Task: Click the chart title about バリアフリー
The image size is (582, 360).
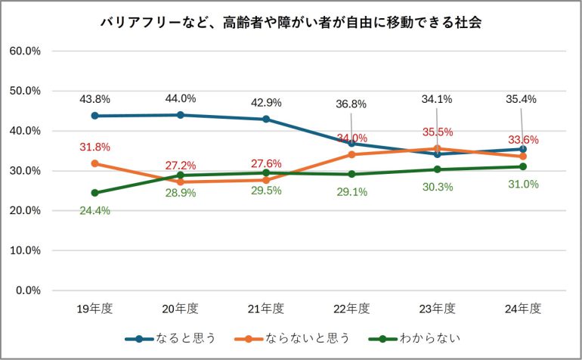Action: coord(291,23)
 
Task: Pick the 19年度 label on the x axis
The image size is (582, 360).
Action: coord(95,309)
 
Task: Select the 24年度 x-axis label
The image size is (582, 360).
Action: coord(523,309)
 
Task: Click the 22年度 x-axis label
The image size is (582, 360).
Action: coord(351,309)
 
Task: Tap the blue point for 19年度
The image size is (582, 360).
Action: coord(95,116)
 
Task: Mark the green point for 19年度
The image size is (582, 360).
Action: coord(95,193)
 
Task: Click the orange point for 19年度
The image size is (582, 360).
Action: coord(95,163)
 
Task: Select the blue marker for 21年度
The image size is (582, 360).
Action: coord(266,119)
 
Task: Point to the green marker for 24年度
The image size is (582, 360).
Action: coord(523,166)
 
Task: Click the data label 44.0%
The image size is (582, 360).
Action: coord(181,98)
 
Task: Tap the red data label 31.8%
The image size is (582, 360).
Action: coord(95,147)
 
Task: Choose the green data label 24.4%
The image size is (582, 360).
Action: coord(95,210)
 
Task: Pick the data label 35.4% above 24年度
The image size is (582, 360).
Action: coord(523,98)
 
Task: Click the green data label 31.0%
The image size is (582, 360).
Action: coord(523,185)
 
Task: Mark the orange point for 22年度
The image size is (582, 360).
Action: coord(351,154)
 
